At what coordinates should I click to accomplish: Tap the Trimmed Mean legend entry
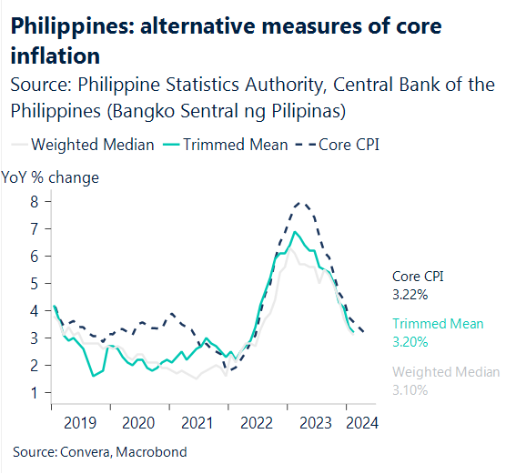pyautogui.click(x=235, y=144)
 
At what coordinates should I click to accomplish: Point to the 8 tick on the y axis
pyautogui.click(x=34, y=201)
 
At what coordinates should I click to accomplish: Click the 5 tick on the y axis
pyautogui.click(x=34, y=283)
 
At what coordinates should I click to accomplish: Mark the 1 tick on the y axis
pyautogui.click(x=34, y=393)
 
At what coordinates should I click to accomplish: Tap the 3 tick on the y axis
pyautogui.click(x=34, y=338)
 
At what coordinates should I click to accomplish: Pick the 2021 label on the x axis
pyautogui.click(x=197, y=422)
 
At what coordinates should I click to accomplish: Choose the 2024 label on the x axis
pyautogui.click(x=359, y=422)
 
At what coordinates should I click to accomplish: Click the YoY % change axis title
pyautogui.click(x=50, y=177)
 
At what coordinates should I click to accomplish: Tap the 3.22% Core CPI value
pyautogui.click(x=410, y=295)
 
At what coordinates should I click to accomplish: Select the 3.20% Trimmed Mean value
pyautogui.click(x=410, y=342)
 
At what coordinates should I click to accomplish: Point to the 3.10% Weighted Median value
pyautogui.click(x=410, y=389)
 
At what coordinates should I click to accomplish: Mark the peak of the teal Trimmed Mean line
pyautogui.click(x=295, y=232)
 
